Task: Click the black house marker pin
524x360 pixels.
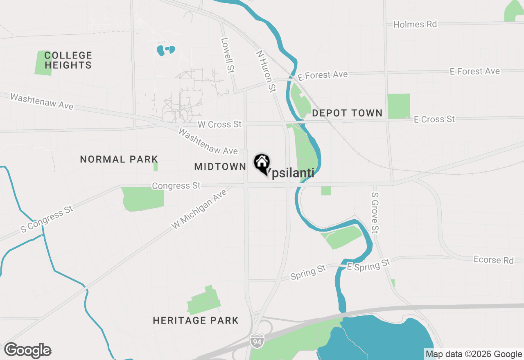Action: click(262, 163)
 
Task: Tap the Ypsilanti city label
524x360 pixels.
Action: click(291, 173)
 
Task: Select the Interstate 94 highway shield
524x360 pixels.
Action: click(256, 339)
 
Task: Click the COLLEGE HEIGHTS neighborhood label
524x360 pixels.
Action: click(68, 60)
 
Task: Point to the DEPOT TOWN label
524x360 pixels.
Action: click(347, 113)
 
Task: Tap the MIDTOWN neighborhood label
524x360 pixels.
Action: click(220, 166)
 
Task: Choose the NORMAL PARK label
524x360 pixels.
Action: click(119, 159)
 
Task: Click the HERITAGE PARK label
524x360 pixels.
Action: click(196, 320)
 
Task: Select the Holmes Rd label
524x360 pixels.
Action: click(415, 25)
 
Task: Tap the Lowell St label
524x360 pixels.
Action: click(227, 55)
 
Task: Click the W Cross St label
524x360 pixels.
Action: click(219, 124)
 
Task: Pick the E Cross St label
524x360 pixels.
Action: click(434, 119)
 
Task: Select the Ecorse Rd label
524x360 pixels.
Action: click(493, 260)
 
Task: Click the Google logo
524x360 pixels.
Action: click(27, 351)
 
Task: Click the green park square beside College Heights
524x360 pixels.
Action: click(43, 63)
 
